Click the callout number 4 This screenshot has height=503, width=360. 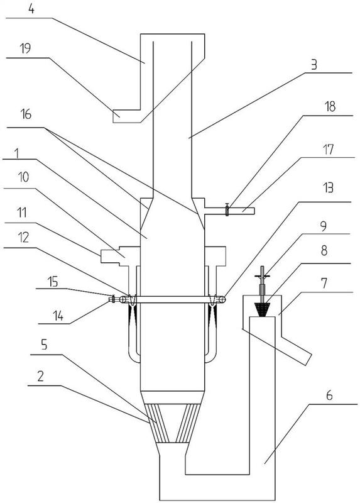31,9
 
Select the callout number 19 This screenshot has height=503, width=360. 25,48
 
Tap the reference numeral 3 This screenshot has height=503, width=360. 314,65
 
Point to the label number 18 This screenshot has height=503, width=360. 330,107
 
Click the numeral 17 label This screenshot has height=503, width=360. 328,150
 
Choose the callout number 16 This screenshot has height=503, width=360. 26,114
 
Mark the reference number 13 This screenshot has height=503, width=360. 328,188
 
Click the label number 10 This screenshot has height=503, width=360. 23,177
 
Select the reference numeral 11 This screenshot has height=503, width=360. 22,213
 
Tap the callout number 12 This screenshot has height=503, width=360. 23,238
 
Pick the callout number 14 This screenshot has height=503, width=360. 58,316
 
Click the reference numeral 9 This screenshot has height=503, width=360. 324,226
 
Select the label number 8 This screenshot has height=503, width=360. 324,250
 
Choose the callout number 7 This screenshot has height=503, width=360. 324,284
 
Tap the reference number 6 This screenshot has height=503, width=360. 329,395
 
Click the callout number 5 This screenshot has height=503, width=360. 44,345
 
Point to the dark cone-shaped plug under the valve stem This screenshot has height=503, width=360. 263,309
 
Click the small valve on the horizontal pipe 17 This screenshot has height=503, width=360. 227,210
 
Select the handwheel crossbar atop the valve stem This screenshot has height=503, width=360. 263,276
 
